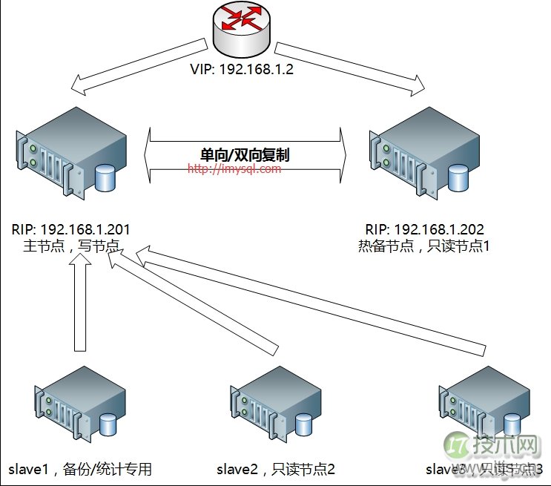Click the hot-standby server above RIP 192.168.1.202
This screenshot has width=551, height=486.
[418, 151]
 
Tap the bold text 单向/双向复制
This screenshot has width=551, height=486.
[245, 155]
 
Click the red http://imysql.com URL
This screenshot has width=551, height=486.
[234, 169]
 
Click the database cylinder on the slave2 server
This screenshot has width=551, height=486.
[303, 425]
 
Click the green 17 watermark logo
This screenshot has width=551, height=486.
[457, 445]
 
